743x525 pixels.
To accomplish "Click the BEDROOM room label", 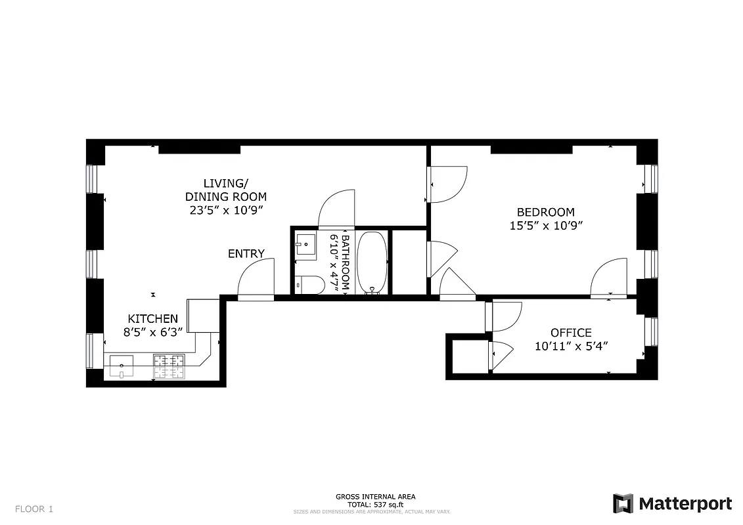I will pos(545,212).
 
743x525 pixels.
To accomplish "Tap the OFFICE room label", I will pos(570,333).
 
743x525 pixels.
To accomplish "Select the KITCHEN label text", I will pos(152,318).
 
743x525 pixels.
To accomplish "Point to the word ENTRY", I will pos(246,254).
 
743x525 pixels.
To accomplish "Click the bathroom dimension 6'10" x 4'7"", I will pos(338,262).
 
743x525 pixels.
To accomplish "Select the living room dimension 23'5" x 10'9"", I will pos(226,211).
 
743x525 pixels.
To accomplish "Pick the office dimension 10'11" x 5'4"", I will pos(570,346).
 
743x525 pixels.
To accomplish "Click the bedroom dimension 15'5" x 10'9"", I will pos(545,225).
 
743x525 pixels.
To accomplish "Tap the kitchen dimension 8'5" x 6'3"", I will pos(152,332).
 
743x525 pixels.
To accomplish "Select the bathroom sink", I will pos(305,244).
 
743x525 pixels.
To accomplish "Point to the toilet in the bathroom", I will pos(309,285).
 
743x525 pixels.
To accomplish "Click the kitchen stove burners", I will pos(169,367).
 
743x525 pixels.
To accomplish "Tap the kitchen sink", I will pos(121,366).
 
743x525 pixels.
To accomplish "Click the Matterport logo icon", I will pos(623,503).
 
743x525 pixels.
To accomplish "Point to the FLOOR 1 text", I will pos(34,509).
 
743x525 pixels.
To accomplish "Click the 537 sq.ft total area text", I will pos(375,504).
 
